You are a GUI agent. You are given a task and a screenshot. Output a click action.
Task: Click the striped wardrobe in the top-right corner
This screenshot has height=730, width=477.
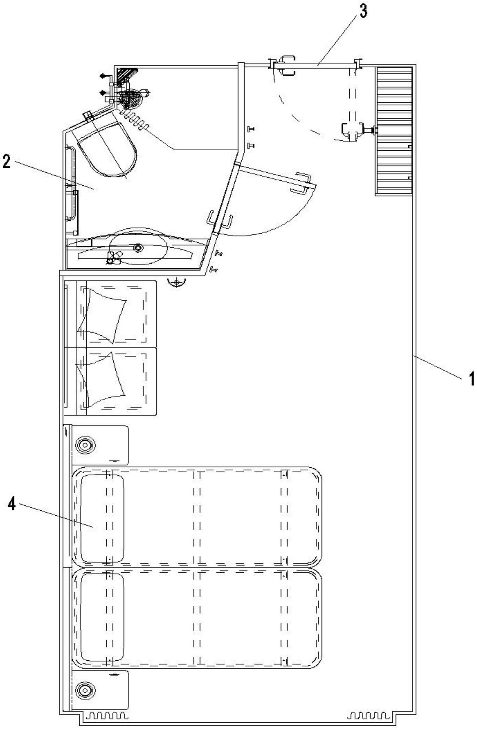click(x=394, y=131)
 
